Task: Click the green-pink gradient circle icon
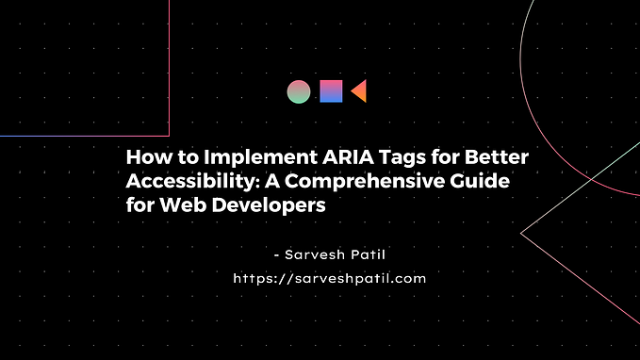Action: (x=299, y=91)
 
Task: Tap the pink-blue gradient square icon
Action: (x=331, y=91)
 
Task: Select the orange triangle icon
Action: (x=359, y=91)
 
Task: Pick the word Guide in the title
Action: (x=480, y=181)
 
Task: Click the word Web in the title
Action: (x=183, y=205)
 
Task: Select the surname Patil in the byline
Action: (x=369, y=254)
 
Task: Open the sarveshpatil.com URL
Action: (x=330, y=279)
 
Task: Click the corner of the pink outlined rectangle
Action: (x=169, y=136)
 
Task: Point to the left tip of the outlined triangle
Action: (x=521, y=234)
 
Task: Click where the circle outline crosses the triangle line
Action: (x=591, y=179)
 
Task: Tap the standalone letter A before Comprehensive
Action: (x=272, y=181)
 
